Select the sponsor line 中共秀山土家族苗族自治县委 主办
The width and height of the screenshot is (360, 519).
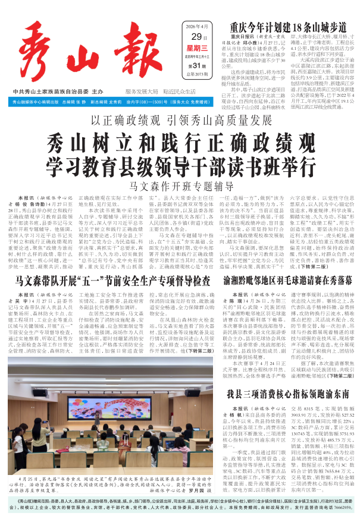pos(58,92)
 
